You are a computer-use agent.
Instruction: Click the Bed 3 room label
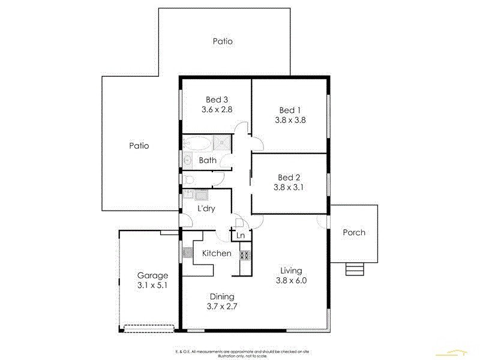pos(217,100)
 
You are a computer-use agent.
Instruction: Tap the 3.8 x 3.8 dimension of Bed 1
pos(290,119)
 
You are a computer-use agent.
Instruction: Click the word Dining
pos(221,296)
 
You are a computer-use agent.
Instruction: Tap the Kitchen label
pos(216,253)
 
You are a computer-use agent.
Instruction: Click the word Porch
pos(353,232)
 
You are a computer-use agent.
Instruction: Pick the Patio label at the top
pos(222,41)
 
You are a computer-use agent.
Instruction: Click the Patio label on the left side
pos(139,145)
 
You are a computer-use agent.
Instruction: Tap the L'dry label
pos(206,209)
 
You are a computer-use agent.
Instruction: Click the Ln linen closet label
pos(241,235)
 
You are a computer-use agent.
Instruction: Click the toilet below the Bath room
pos(188,179)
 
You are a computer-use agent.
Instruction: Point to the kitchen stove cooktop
pos(245,254)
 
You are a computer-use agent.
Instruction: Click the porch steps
pos(355,269)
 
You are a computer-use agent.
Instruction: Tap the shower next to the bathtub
pos(221,143)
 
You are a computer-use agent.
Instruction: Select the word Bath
pos(208,160)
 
